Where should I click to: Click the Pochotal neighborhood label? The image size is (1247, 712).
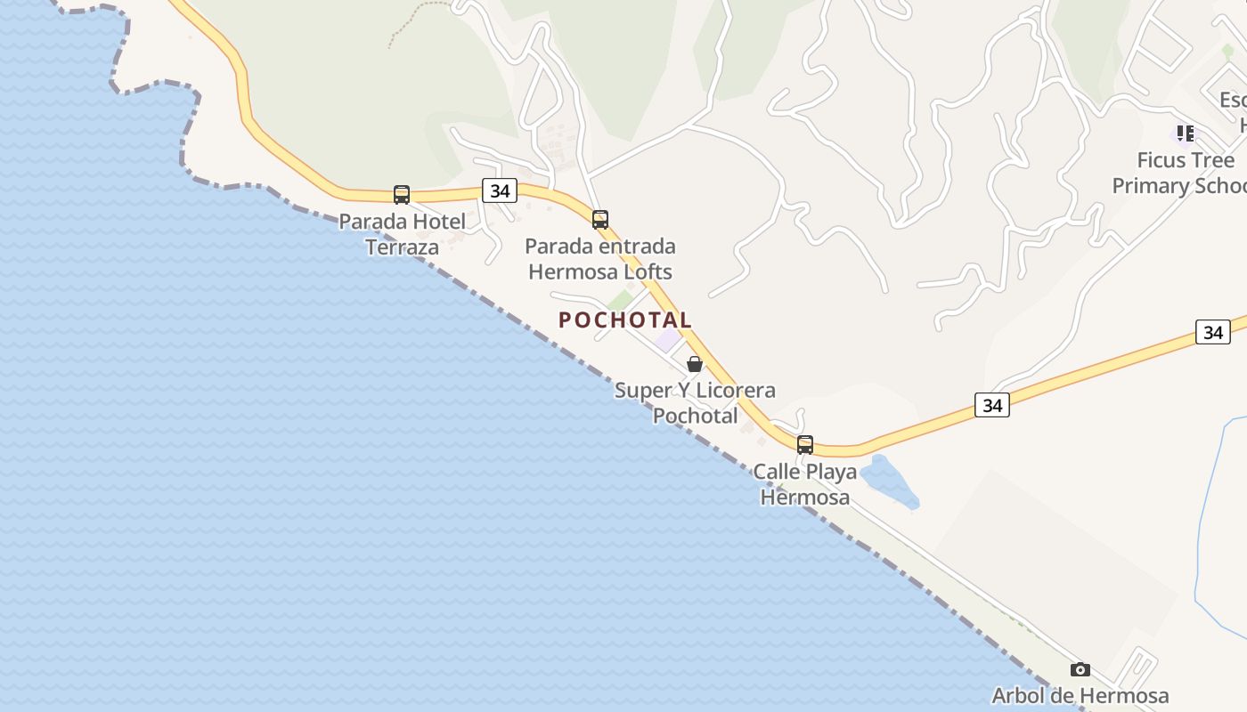pyautogui.click(x=624, y=320)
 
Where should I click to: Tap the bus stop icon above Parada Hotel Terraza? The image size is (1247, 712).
pyautogui.click(x=402, y=194)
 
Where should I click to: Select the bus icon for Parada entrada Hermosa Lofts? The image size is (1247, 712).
pyautogui.click(x=600, y=219)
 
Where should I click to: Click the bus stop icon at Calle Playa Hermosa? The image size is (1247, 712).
pyautogui.click(x=805, y=444)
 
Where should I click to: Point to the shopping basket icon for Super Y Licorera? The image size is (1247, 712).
pyautogui.click(x=695, y=364)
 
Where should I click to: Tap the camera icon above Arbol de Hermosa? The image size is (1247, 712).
pyautogui.click(x=1080, y=669)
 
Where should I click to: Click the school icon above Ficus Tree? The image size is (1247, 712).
pyautogui.click(x=1185, y=133)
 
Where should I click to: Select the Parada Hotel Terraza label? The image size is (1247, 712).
pyautogui.click(x=403, y=234)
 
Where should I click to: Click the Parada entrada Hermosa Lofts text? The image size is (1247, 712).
pyautogui.click(x=600, y=259)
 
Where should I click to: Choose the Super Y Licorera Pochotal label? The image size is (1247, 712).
pyautogui.click(x=695, y=402)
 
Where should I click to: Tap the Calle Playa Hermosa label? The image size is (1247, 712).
pyautogui.click(x=805, y=484)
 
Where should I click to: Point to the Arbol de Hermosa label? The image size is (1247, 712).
pyautogui.click(x=1080, y=695)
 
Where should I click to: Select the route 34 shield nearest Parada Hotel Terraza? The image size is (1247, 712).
pyautogui.click(x=500, y=190)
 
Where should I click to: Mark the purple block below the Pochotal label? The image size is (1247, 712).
pyautogui.click(x=668, y=340)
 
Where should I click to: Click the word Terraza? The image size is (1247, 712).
pyautogui.click(x=403, y=247)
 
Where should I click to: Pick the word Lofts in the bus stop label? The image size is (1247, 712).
pyautogui.click(x=646, y=271)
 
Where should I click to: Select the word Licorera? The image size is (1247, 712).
pyautogui.click(x=735, y=390)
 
